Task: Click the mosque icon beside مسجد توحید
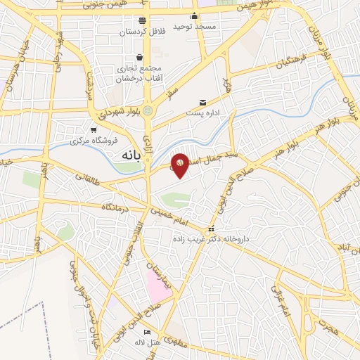(x=195, y=16)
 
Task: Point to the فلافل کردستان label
(x=143, y=32)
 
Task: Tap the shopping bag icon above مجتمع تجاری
(x=140, y=57)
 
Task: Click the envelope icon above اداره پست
(x=203, y=103)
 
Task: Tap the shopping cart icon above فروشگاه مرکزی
(x=94, y=130)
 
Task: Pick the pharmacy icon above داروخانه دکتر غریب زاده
(x=210, y=230)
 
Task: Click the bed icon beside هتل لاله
(x=147, y=333)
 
